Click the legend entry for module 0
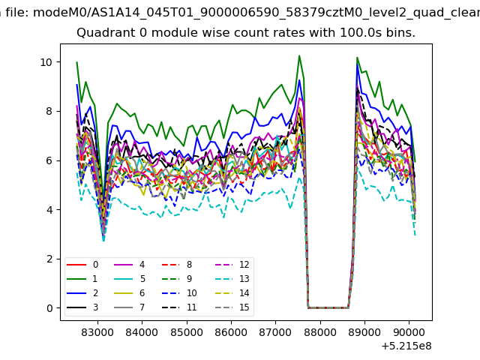coord(82,265)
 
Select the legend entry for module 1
coord(82,278)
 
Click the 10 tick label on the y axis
coord(46,62)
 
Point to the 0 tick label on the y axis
coord(49,308)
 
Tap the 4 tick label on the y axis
coord(49,210)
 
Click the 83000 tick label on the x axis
coord(97,332)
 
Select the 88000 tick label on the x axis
coord(320,332)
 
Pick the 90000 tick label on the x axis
coord(409,332)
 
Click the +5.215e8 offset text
coord(406,346)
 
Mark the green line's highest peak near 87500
coord(299,55)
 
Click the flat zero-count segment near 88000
coord(328,307)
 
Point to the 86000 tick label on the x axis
coord(231,332)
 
